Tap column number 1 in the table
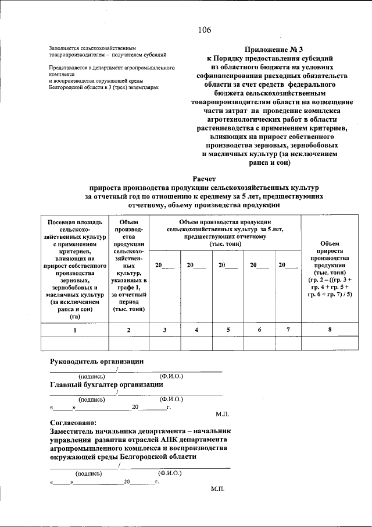(x=74, y=330)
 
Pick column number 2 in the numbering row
(x=128, y=330)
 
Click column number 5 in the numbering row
(x=228, y=330)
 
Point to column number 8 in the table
(x=330, y=330)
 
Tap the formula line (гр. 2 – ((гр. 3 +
(x=330, y=280)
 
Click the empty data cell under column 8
(x=330, y=344)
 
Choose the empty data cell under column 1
(x=74, y=344)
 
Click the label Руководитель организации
(x=96, y=362)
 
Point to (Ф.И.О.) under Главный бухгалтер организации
(x=171, y=399)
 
